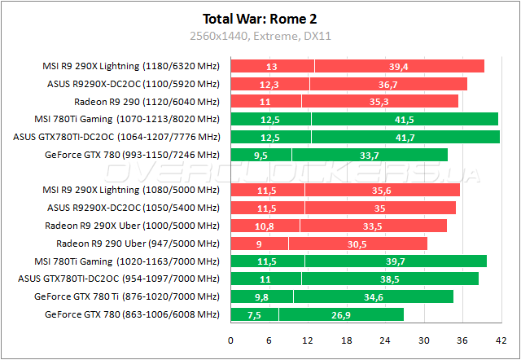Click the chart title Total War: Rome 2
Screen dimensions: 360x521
pos(260,18)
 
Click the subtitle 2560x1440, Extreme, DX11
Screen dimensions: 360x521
pos(260,36)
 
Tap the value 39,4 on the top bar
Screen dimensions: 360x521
pos(399,66)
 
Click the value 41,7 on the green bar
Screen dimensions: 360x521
pos(405,137)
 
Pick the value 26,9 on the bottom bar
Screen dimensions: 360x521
pos(340,314)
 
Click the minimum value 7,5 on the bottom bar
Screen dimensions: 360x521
pos(255,314)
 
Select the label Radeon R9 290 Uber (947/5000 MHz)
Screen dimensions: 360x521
pos(138,244)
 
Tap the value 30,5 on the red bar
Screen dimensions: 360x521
pos(357,244)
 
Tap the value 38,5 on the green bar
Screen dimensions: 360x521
pos(390,279)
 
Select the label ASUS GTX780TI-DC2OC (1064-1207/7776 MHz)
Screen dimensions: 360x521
pos(117,137)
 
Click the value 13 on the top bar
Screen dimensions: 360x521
pos(272,66)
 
